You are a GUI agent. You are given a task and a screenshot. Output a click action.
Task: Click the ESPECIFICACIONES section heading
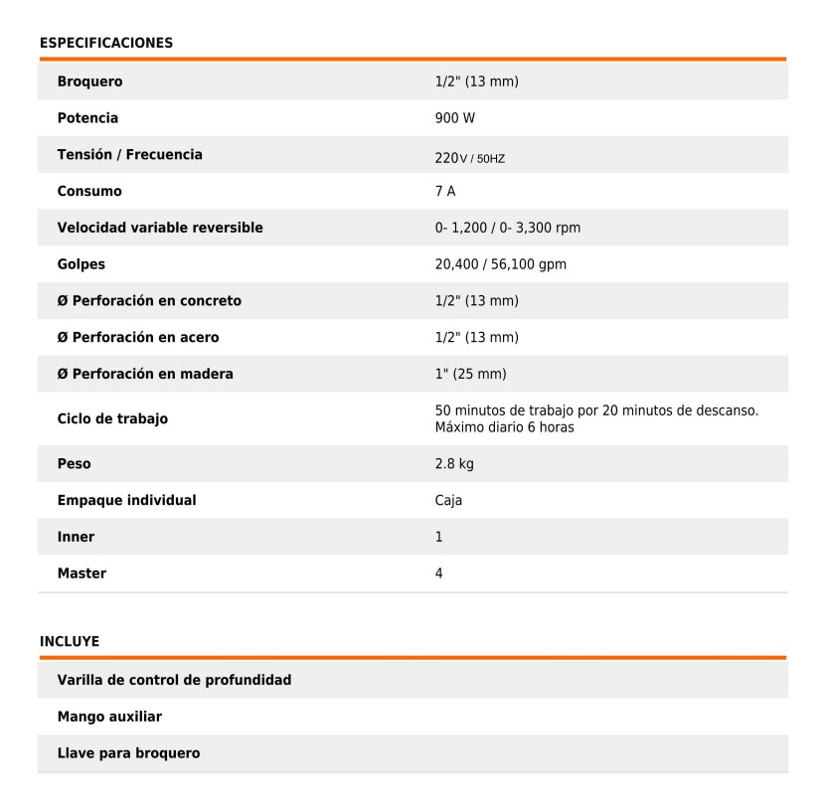(x=105, y=43)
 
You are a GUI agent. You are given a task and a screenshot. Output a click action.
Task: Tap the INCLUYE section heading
(x=69, y=641)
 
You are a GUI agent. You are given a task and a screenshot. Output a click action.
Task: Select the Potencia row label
(x=87, y=118)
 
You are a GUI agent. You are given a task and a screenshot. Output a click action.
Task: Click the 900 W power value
(x=455, y=118)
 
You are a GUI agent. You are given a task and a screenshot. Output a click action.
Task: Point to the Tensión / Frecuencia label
(x=129, y=155)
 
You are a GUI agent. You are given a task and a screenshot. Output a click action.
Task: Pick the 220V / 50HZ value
(x=470, y=157)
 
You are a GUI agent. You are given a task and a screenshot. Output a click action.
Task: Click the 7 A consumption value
(x=445, y=191)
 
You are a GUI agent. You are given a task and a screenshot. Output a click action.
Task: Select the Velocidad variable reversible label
(x=160, y=228)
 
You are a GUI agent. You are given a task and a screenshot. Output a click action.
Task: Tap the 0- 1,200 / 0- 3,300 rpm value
(x=508, y=228)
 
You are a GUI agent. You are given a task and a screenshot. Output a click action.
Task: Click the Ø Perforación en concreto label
(x=149, y=301)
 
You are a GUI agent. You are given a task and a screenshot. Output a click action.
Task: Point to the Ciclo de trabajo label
(x=112, y=418)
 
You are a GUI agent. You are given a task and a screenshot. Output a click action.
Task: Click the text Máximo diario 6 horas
(x=504, y=428)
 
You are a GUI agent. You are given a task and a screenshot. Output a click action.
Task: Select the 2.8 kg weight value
(x=454, y=464)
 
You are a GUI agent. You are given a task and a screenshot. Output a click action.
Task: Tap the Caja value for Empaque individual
(x=448, y=501)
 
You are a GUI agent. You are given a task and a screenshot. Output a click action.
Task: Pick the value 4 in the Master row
(x=439, y=573)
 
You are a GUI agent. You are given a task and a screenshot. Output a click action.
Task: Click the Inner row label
(x=76, y=537)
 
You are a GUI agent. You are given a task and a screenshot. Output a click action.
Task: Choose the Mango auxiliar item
(x=109, y=717)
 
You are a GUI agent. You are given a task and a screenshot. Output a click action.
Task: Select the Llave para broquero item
(x=128, y=753)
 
